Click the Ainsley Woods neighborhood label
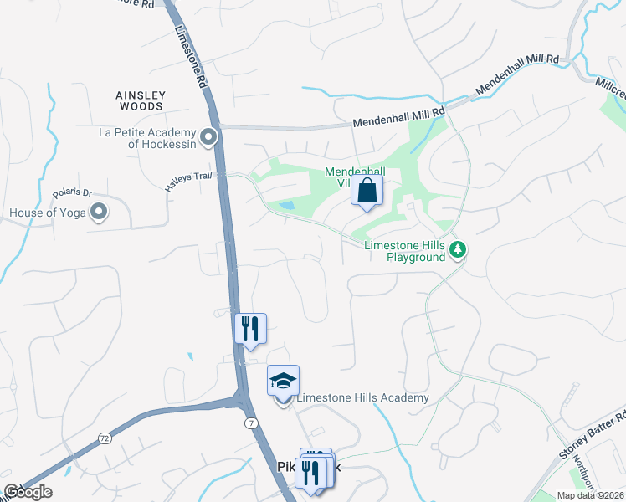[x=141, y=101]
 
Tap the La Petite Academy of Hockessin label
[x=147, y=138]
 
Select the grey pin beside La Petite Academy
[x=209, y=136]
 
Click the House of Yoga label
[x=48, y=213]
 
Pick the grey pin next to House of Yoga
[x=100, y=213]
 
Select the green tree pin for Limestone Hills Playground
[x=457, y=249]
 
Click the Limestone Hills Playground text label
[x=405, y=251]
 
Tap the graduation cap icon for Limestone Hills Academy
[x=284, y=382]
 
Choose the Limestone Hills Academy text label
[x=362, y=398]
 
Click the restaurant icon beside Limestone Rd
[x=249, y=328]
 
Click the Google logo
[x=28, y=492]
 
